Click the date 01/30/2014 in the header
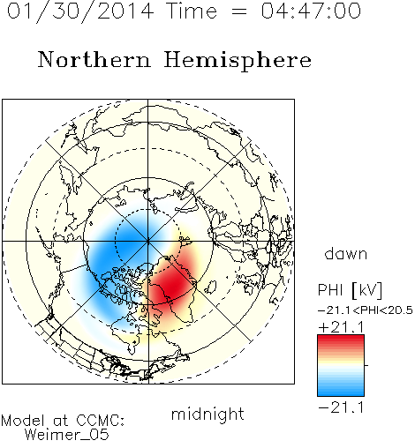coord(80,11)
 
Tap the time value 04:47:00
coord(311,11)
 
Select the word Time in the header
coord(192,11)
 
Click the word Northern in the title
coord(94,59)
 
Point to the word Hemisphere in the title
coord(238,61)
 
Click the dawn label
coord(346,253)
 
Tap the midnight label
coord(207,414)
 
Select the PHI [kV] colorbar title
coord(350,290)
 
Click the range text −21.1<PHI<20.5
coord(366,310)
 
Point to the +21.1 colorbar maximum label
coord(342,327)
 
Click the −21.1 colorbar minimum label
coord(342,407)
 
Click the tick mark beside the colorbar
coord(366,365)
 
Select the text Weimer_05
coord(67,435)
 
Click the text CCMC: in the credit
coord(101,421)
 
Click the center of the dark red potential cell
coord(172,284)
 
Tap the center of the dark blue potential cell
coord(124,245)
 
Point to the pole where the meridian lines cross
coord(148,241)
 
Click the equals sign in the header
coord(239,11)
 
